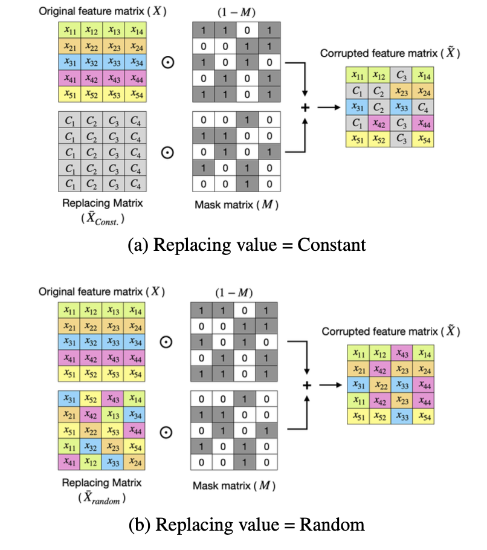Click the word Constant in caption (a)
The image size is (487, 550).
(331, 245)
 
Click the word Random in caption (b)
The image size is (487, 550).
(332, 525)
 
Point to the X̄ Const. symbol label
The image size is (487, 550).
(102, 218)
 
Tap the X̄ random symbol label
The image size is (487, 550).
(102, 498)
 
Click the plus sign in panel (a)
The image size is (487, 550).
(305, 108)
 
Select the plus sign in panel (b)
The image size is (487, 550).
(307, 385)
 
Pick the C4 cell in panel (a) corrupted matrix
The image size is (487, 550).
(423, 108)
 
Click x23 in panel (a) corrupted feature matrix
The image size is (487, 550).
(401, 91)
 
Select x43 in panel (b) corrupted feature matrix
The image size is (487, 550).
(402, 353)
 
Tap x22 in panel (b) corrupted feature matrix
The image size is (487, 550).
(380, 385)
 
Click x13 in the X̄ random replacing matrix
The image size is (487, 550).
(112, 415)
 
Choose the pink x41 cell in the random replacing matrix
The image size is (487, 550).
(69, 462)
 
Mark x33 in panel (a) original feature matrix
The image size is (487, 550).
(114, 62)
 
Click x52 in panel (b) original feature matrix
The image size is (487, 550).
(91, 374)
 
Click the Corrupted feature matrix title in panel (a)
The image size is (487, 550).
(390, 53)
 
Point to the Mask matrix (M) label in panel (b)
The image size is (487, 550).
(234, 486)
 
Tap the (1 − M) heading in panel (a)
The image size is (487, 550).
(236, 12)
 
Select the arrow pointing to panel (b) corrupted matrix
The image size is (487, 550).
(331, 385)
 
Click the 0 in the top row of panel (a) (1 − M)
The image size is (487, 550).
(247, 30)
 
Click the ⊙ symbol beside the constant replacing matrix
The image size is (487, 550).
(167, 152)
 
